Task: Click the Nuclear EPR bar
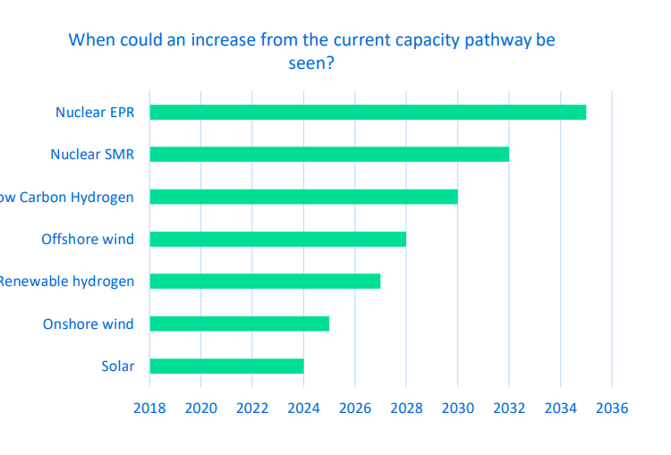368,112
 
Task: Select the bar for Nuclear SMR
329,155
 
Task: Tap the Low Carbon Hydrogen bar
303,197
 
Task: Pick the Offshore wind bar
277,239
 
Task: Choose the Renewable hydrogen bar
265,281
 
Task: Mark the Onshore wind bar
239,324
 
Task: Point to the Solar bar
226,366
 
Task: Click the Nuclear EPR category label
94,113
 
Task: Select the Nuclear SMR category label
91,155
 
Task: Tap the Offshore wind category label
88,240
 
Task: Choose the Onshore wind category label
88,324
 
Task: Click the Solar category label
118,367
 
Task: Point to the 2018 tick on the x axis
149,409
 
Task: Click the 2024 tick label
303,409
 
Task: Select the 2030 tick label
457,409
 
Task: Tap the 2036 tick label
612,409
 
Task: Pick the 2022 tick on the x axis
252,409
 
